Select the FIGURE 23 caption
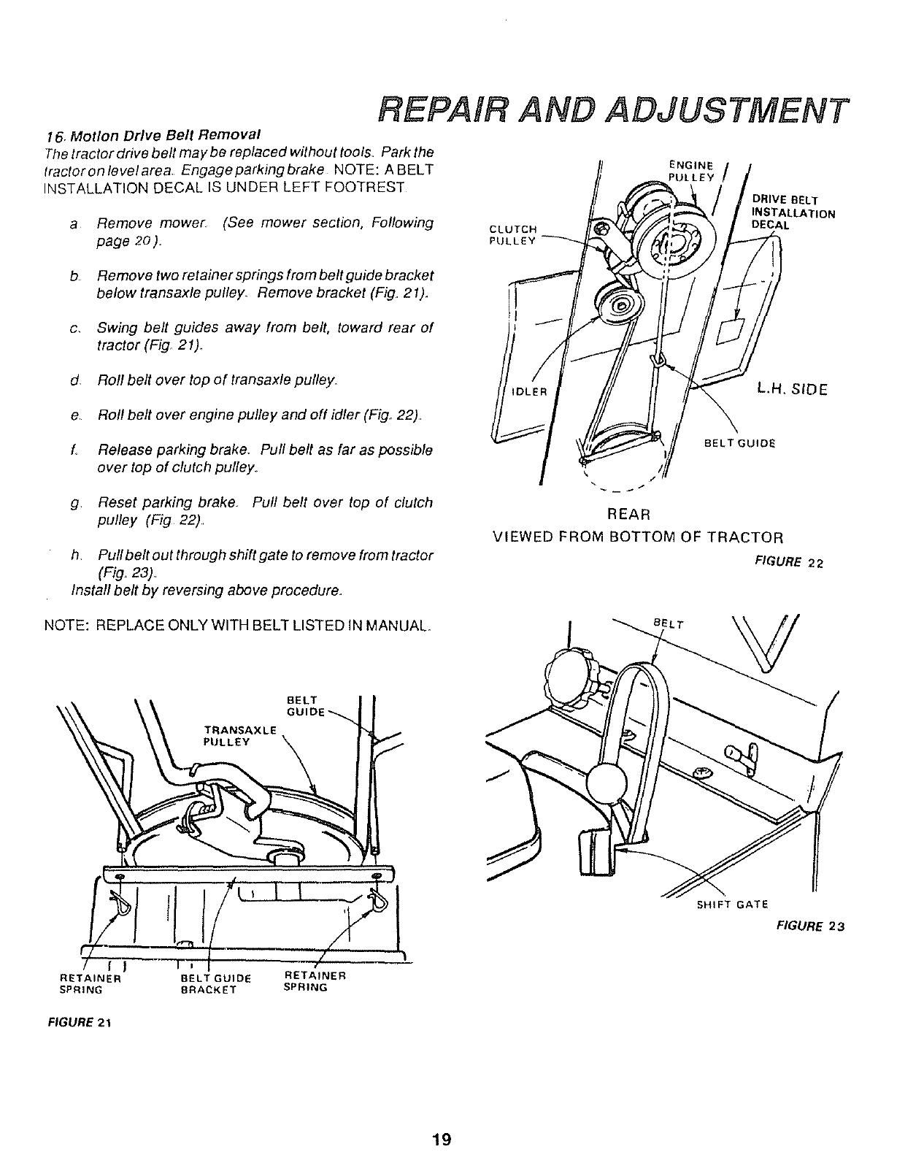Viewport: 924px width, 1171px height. tap(809, 926)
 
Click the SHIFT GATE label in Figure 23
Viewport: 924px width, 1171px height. tap(733, 905)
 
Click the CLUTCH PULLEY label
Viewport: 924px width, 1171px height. tap(512, 234)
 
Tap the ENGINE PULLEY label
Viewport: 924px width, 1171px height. tap(689, 170)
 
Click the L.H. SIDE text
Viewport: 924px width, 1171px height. tap(792, 390)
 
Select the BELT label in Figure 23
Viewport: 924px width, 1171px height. tap(667, 624)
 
